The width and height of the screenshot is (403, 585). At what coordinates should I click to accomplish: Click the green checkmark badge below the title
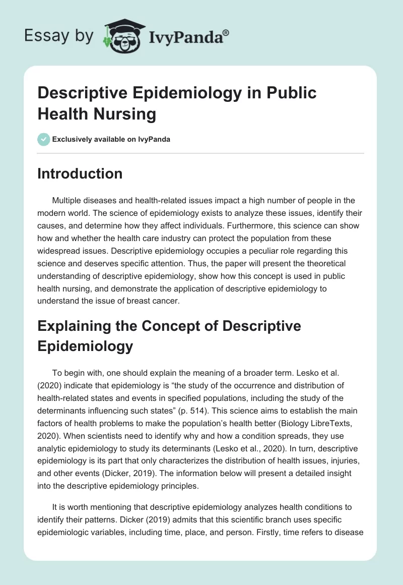coord(44,139)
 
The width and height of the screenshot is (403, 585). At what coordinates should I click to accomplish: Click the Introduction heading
coord(80,173)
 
